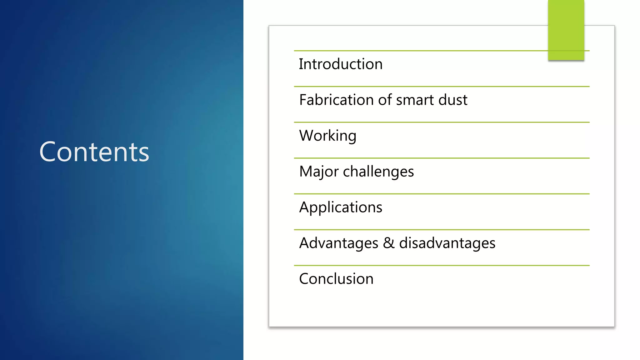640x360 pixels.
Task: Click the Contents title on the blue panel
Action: coord(94,152)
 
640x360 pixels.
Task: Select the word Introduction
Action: coord(341,64)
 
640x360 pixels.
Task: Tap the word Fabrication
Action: coord(336,100)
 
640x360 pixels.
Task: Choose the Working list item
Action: coord(327,136)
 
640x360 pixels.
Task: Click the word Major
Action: coord(318,172)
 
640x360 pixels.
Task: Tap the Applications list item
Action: coord(341,207)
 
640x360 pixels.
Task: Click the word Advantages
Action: coord(338,243)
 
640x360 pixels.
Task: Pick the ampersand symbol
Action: coord(388,243)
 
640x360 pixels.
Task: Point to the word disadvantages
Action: coord(447,243)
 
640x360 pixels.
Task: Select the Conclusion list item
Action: coord(336,279)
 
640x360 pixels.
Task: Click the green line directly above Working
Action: coord(442,122)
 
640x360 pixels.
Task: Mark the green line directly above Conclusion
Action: coord(442,265)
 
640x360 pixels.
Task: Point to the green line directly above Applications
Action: coord(442,194)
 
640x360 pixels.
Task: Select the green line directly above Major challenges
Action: coord(442,158)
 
